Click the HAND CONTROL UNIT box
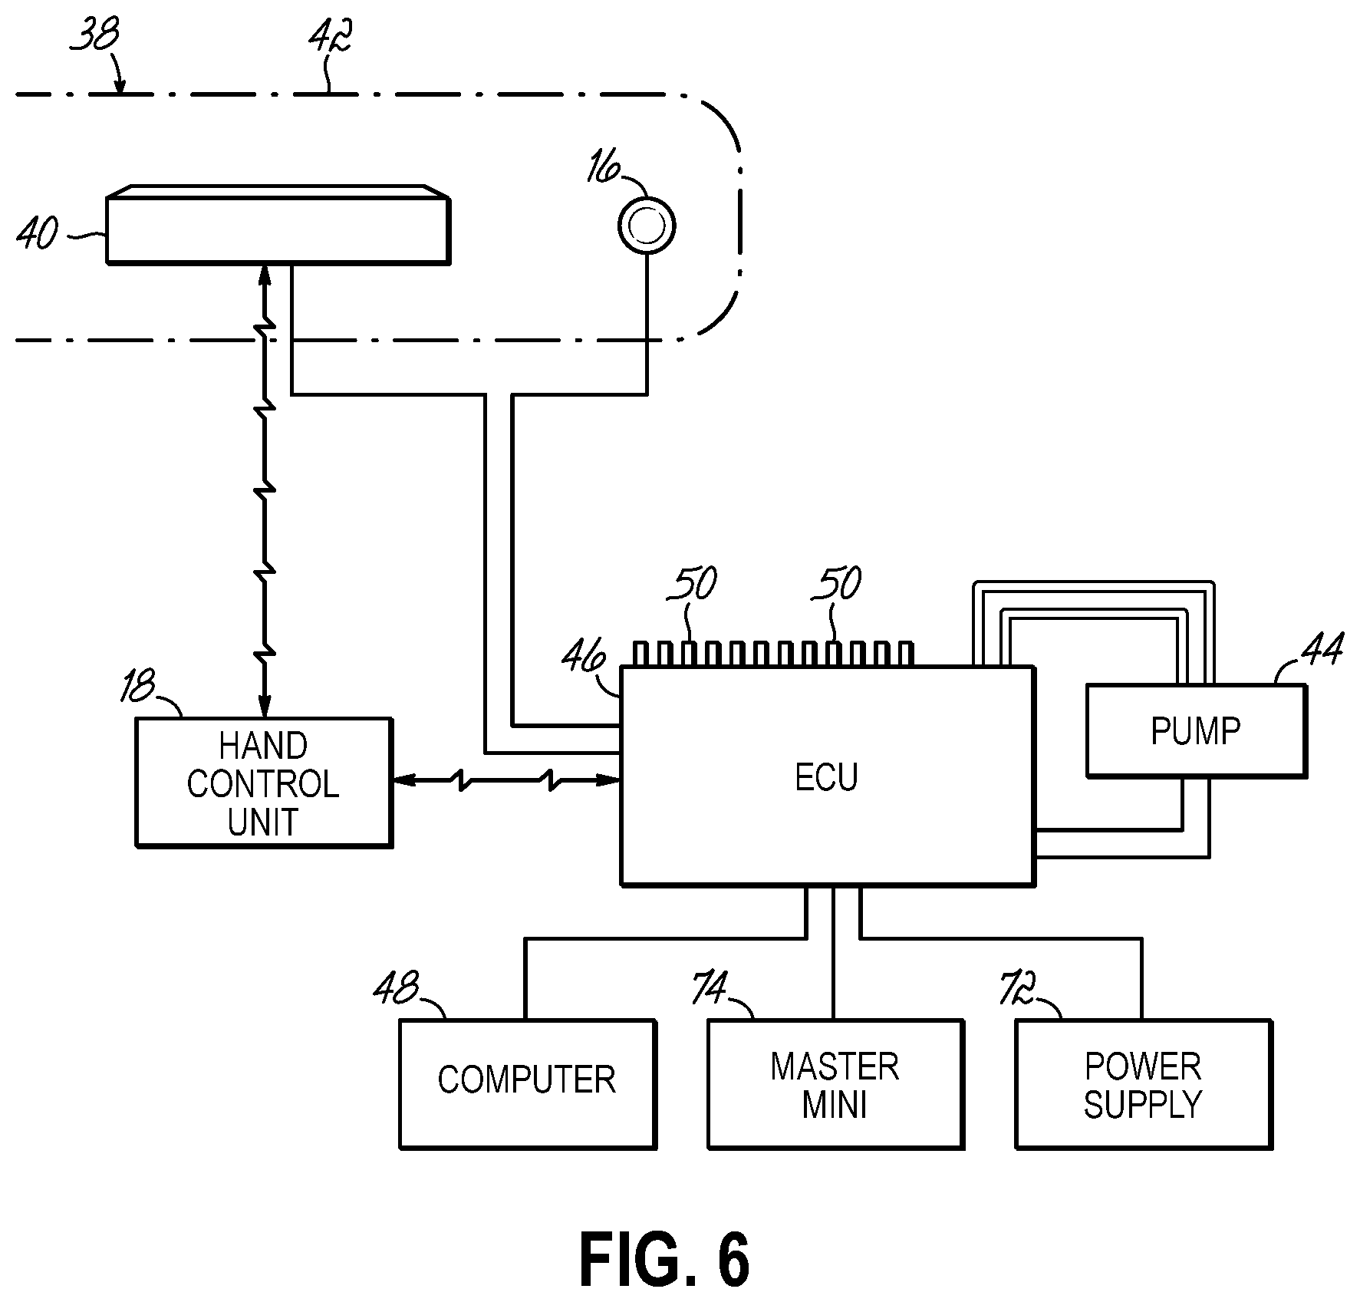click(263, 783)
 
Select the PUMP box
click(1195, 730)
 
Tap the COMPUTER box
click(527, 1083)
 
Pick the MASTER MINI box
click(835, 1083)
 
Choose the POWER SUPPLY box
click(1143, 1083)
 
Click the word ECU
click(826, 777)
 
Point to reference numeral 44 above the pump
click(1322, 650)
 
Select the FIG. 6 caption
click(664, 1260)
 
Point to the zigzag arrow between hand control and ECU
click(506, 780)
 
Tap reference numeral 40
click(38, 233)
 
